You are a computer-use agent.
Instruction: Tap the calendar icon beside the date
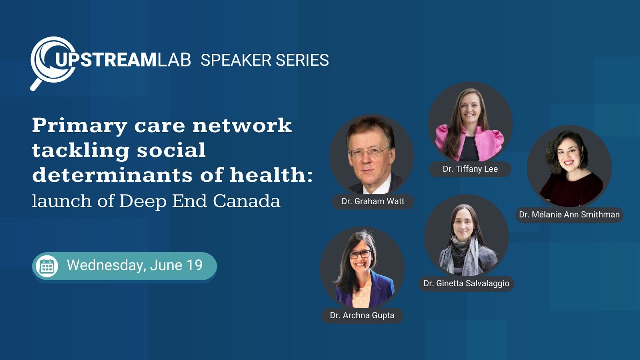tap(47, 266)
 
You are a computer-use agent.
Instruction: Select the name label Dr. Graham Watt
tap(373, 202)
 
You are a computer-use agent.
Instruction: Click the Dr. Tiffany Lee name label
tap(470, 169)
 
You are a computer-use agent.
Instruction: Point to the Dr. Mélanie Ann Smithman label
tap(569, 215)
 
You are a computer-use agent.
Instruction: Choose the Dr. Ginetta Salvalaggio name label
tap(466, 283)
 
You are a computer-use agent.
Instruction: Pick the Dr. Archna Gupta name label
tap(362, 316)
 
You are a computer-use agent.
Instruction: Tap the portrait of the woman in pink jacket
tap(470, 124)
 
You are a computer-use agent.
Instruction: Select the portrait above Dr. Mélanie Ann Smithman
tap(569, 167)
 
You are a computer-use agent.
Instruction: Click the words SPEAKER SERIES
tap(265, 60)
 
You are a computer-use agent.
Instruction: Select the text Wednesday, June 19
tap(135, 265)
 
